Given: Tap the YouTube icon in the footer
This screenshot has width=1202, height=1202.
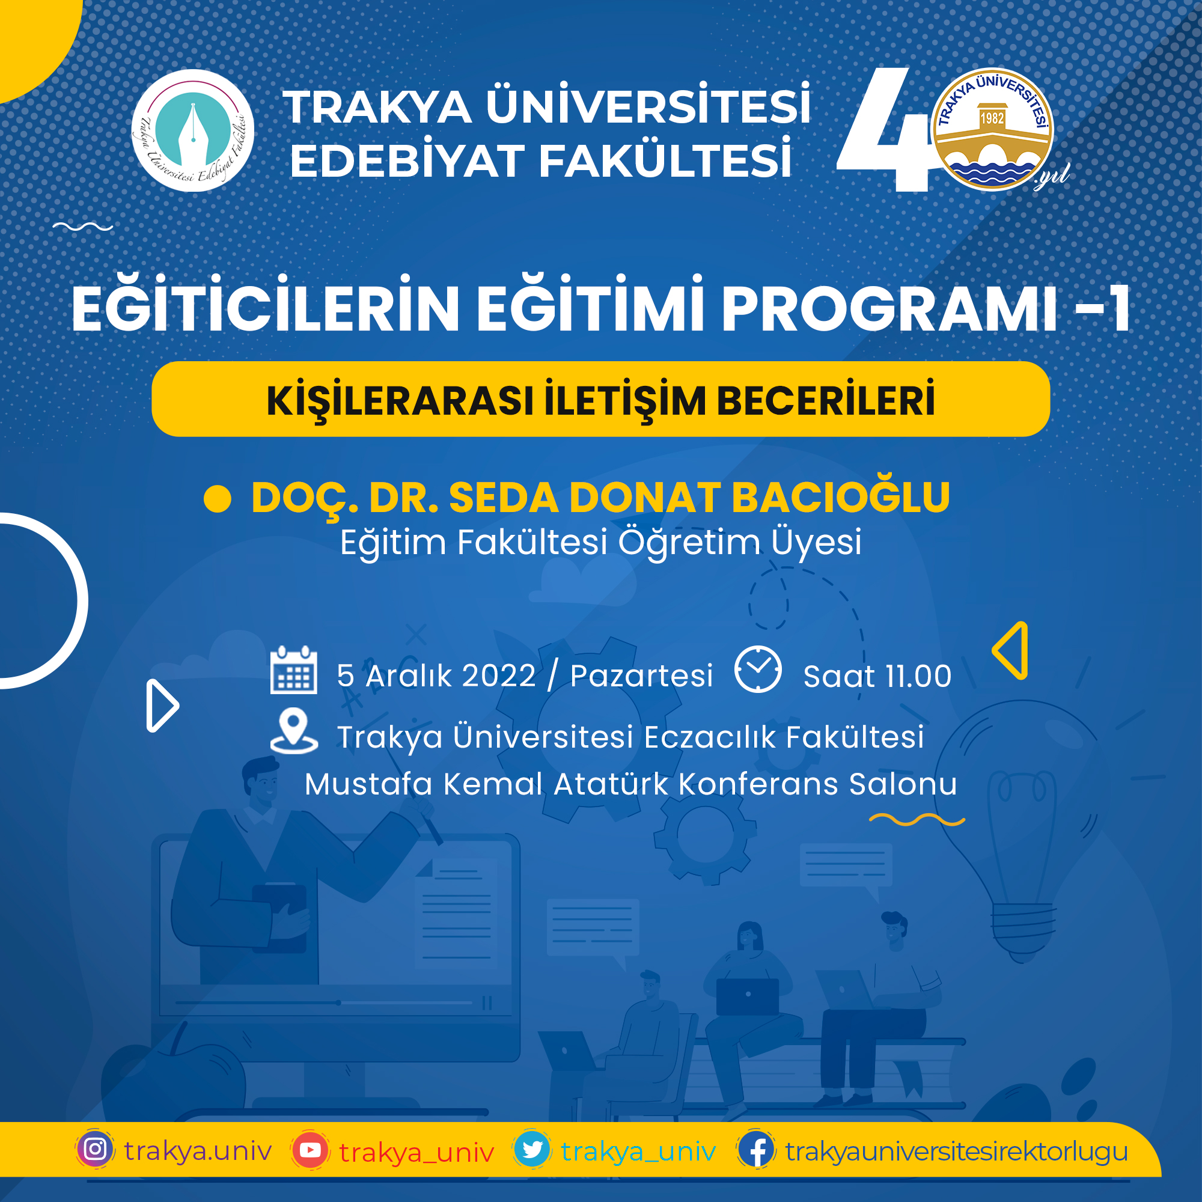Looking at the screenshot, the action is coord(310,1150).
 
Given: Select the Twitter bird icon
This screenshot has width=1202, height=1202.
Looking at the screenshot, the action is coord(532,1150).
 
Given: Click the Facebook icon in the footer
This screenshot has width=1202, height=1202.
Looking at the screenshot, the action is coord(757,1150).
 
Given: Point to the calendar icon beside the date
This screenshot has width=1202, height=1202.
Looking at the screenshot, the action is coord(294,670).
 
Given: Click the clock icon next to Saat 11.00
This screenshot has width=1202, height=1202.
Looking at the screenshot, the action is coord(758,670).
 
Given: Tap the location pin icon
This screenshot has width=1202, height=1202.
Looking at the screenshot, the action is coord(294,731).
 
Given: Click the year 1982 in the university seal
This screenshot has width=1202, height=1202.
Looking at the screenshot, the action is coord(992,118).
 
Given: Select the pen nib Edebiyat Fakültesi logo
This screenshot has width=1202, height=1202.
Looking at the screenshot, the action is coord(193,130).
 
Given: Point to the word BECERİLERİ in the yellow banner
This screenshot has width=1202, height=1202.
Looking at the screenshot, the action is coord(826,400).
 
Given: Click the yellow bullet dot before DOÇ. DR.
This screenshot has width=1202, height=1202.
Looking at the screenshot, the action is coord(217,499).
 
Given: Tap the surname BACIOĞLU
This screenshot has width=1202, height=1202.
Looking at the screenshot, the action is coord(841,498).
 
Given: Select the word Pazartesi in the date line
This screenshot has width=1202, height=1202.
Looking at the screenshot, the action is coord(641,676).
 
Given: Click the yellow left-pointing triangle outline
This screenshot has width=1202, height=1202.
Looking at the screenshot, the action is coord(1010,650).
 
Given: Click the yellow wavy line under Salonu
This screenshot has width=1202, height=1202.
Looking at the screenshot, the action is coord(917,820).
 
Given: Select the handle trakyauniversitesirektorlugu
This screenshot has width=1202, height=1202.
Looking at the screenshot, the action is coord(957,1151).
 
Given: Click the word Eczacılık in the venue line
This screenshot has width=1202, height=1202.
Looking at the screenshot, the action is coord(710,737).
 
